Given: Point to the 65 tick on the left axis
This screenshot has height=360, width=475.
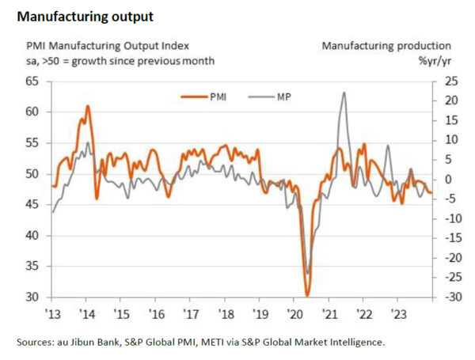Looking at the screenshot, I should click(x=32, y=81).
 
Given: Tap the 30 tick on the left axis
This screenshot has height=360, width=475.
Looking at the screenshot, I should click(x=32, y=297).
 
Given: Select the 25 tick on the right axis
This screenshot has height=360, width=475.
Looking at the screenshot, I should click(x=449, y=81).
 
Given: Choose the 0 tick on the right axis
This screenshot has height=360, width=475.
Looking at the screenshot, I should click(x=447, y=179).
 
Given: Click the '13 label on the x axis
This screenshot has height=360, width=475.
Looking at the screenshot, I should click(x=52, y=313).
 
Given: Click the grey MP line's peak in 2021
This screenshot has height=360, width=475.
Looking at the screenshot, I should click(x=344, y=93).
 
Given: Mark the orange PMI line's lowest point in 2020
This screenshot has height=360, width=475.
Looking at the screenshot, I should click(x=307, y=294).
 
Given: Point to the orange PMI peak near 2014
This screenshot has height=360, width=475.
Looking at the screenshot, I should click(x=87, y=106).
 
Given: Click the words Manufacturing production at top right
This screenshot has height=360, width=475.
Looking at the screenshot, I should click(x=386, y=46).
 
